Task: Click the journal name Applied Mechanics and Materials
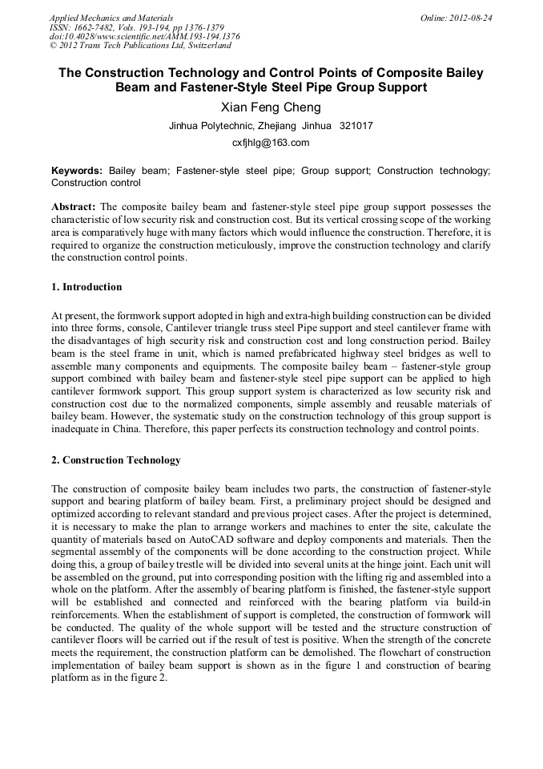coord(111,17)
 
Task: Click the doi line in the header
coord(144,36)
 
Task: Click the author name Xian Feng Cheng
coord(271,107)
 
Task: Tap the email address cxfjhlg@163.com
coord(271,143)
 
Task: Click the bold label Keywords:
coord(77,171)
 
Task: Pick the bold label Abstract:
coord(74,206)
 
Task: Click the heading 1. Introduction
coord(86,287)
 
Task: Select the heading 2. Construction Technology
coord(115,460)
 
